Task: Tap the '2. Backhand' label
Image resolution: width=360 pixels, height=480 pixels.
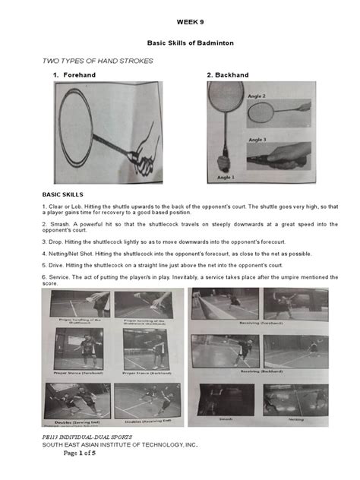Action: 228,75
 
